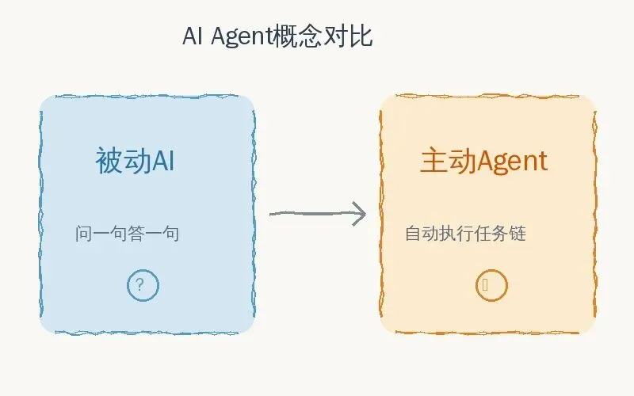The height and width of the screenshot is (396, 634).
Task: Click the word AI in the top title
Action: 193,36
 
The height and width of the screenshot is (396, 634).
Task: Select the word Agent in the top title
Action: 241,36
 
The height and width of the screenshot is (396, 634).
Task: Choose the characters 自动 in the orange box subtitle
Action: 422,234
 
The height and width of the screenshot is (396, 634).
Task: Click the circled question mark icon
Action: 143,285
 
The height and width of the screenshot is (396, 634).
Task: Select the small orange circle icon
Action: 491,285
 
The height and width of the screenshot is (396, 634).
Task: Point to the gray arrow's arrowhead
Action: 361,214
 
